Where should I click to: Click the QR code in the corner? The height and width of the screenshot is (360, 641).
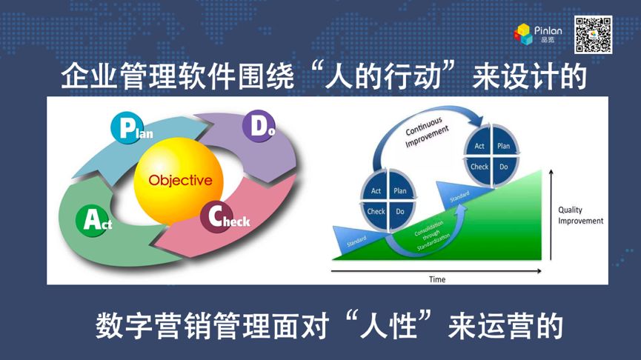click(x=593, y=35)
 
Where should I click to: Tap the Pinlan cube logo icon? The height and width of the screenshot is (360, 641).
click(x=523, y=34)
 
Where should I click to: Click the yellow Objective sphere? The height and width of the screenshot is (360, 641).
click(x=179, y=181)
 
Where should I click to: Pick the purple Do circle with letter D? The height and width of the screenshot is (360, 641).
click(x=259, y=126)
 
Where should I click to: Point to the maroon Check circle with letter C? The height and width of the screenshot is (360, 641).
click(x=216, y=216)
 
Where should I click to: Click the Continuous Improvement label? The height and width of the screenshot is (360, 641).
click(x=426, y=132)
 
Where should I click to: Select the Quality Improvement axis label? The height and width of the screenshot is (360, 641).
click(x=580, y=216)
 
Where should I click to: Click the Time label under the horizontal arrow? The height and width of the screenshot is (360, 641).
click(x=437, y=279)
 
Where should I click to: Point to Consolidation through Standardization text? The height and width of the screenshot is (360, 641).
click(x=432, y=236)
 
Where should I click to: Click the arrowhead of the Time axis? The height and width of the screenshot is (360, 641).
click(x=539, y=271)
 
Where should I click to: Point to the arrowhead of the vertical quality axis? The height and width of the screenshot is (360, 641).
click(x=551, y=172)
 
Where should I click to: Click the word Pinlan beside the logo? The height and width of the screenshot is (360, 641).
click(x=548, y=30)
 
